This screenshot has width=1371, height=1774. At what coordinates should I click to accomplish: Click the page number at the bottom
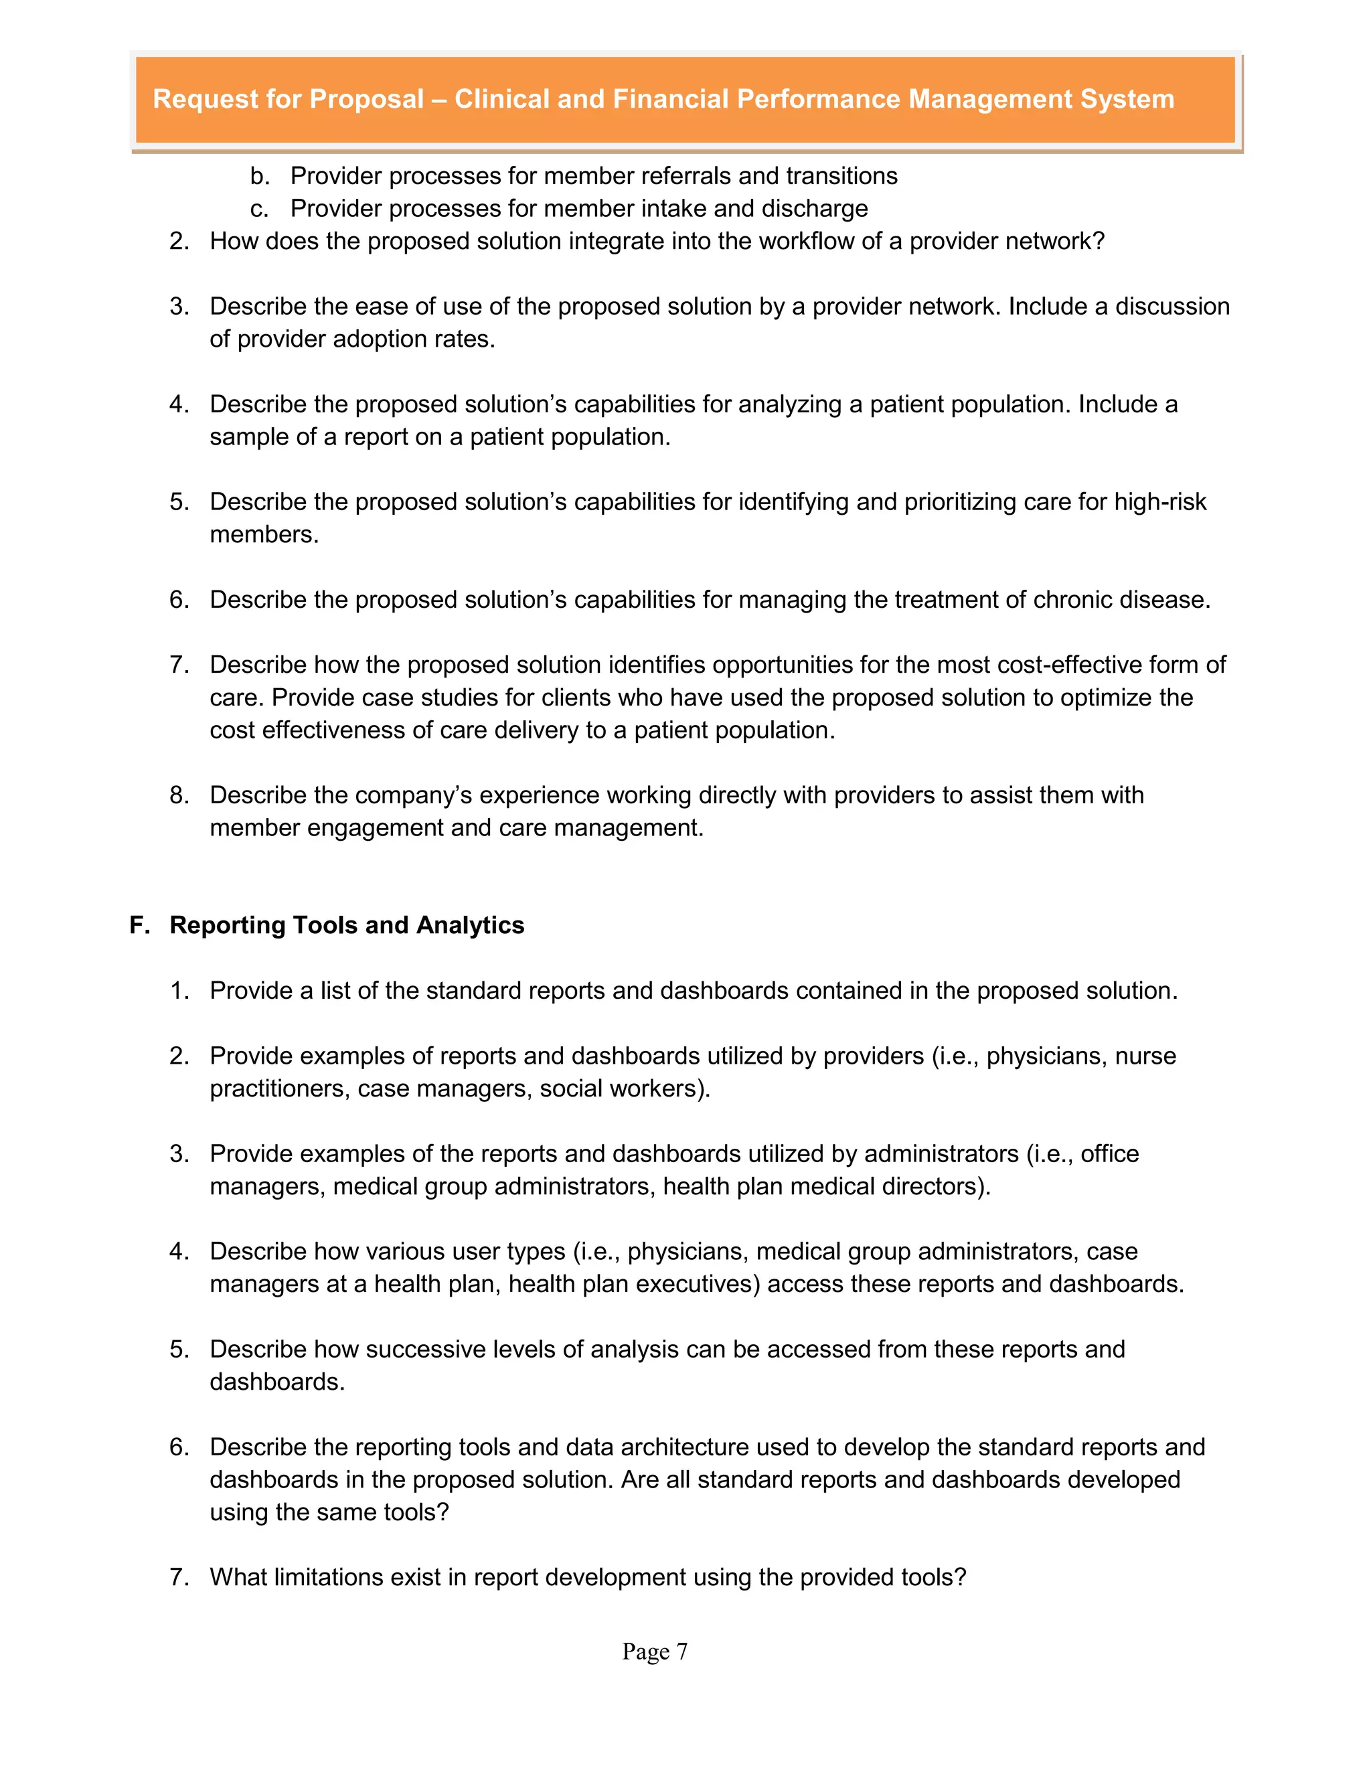tap(655, 1651)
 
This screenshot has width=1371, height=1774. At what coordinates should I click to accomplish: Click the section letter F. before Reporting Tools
tap(140, 925)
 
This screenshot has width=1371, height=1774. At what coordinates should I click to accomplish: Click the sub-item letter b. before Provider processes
tap(259, 176)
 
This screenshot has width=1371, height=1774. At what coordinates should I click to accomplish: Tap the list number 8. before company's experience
tap(179, 795)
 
